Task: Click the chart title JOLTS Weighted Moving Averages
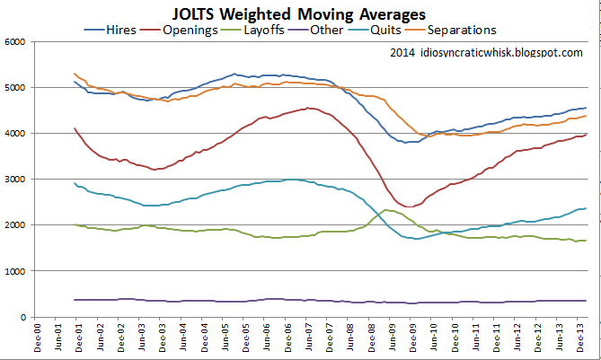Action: (x=300, y=13)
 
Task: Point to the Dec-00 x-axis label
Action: (x=37, y=338)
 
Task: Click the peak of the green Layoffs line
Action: (x=386, y=210)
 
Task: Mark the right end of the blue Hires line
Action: (x=587, y=108)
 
